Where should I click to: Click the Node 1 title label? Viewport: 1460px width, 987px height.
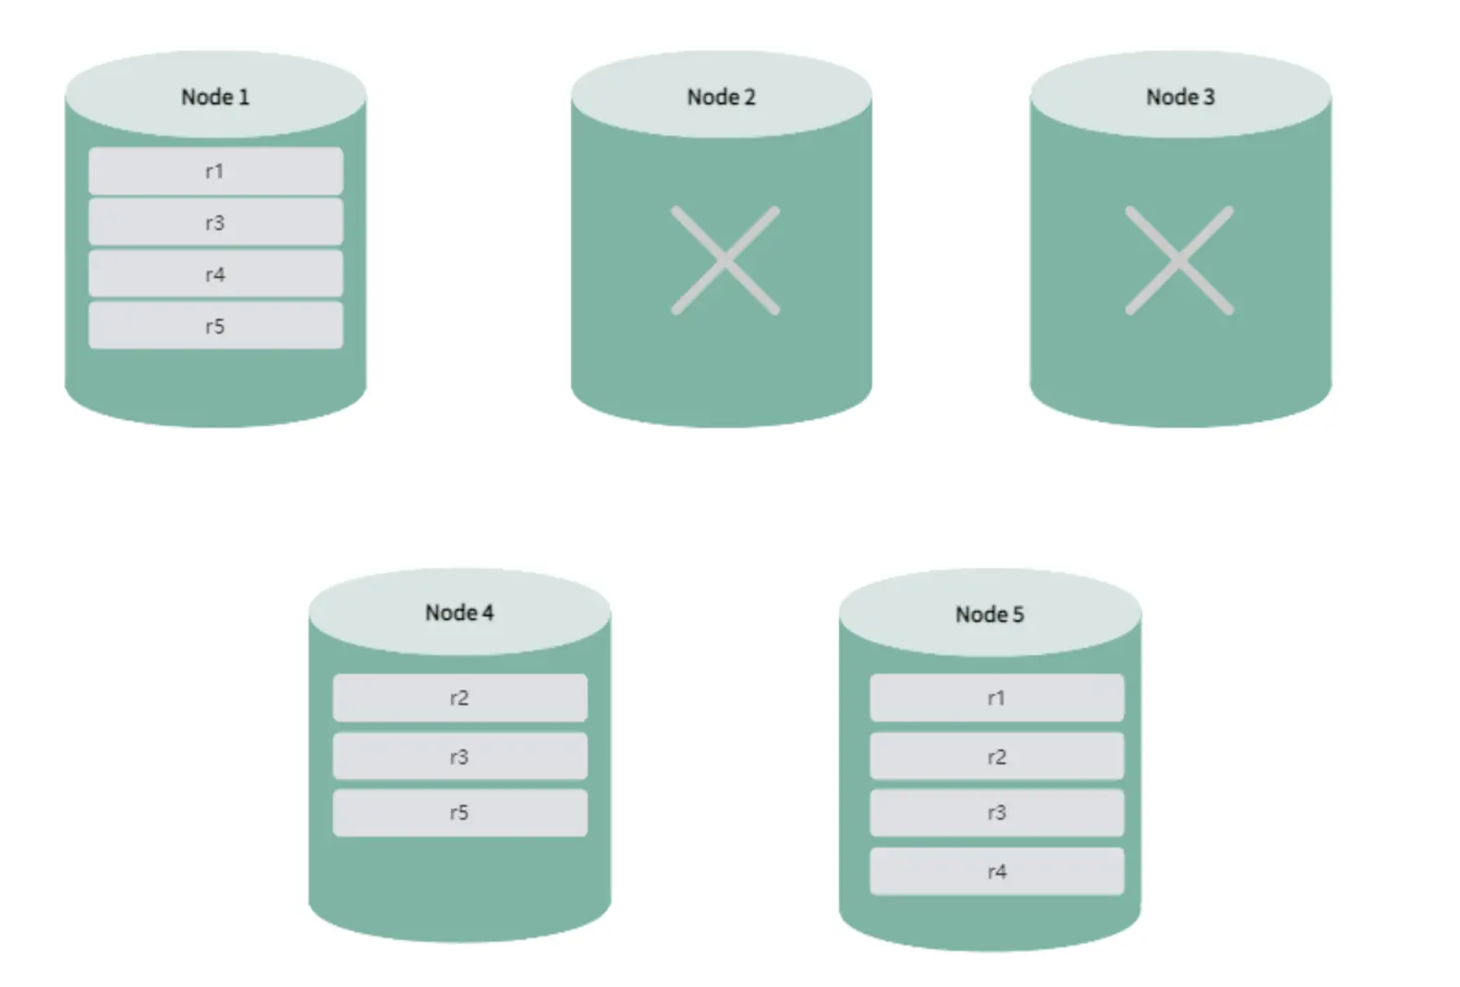click(215, 97)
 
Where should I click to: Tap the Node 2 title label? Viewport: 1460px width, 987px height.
click(721, 97)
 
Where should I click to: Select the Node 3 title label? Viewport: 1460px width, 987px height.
click(1180, 97)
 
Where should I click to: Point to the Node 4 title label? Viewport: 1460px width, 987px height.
click(459, 613)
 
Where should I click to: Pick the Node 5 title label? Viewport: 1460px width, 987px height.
click(990, 615)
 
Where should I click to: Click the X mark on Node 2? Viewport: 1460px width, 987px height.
click(724, 261)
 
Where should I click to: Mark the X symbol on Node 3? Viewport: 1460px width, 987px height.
click(1179, 261)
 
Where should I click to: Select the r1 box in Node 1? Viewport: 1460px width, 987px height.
click(215, 171)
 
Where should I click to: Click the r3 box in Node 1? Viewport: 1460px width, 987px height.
click(215, 223)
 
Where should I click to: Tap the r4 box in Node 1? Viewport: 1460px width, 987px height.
click(215, 274)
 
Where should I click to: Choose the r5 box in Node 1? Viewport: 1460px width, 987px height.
click(215, 325)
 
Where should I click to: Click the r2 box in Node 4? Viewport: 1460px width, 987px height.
click(460, 698)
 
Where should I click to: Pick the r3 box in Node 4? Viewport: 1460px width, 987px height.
click(460, 756)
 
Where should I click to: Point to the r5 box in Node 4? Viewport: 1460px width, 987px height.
click(460, 812)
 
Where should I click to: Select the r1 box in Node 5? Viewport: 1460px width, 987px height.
click(996, 698)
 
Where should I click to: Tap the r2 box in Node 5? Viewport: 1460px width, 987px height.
click(996, 756)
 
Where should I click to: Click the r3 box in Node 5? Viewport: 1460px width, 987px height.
click(996, 812)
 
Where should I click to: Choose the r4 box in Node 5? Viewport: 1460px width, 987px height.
click(996, 871)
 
